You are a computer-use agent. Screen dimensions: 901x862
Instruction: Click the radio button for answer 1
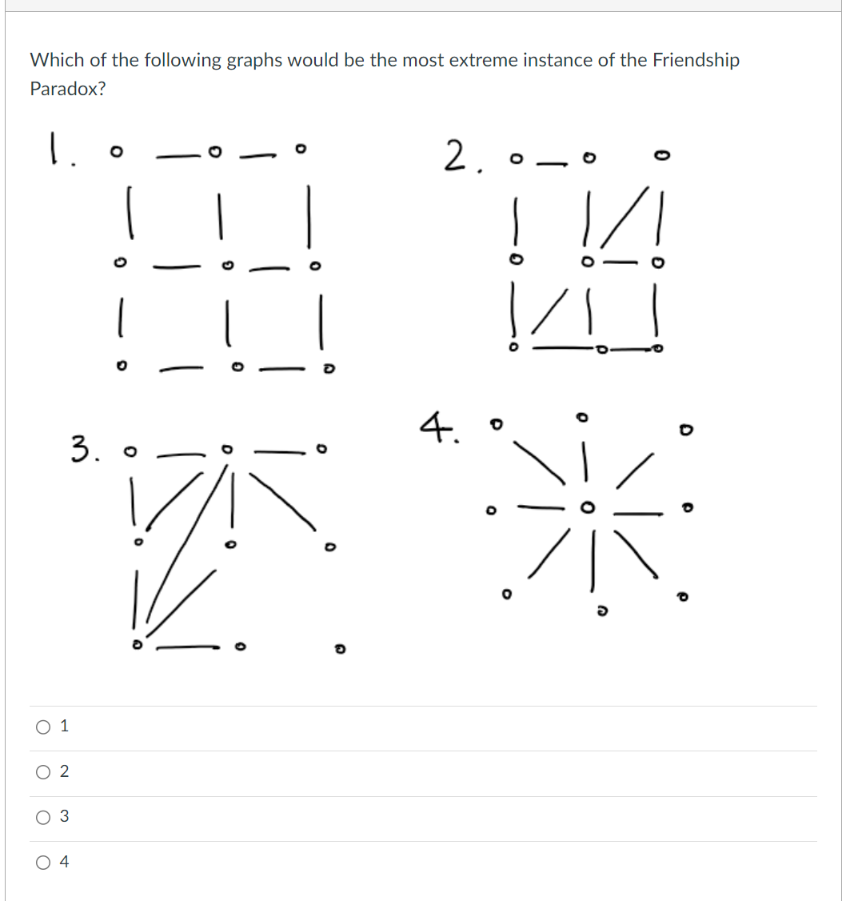pyautogui.click(x=42, y=727)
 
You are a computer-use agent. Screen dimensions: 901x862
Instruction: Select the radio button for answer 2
pyautogui.click(x=42, y=772)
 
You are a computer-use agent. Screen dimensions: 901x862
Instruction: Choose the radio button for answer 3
pyautogui.click(x=42, y=817)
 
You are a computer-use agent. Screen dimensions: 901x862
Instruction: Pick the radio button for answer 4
pyautogui.click(x=42, y=863)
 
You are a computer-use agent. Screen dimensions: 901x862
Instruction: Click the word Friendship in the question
pyautogui.click(x=696, y=60)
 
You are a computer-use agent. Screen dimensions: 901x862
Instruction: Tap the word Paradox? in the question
pyautogui.click(x=68, y=89)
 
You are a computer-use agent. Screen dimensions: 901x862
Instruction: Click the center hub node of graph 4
pyautogui.click(x=588, y=507)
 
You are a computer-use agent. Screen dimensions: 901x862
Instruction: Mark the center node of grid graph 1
pyautogui.click(x=228, y=264)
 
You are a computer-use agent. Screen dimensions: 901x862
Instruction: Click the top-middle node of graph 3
pyautogui.click(x=229, y=450)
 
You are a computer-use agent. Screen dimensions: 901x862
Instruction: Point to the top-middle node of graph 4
pyautogui.click(x=585, y=417)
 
